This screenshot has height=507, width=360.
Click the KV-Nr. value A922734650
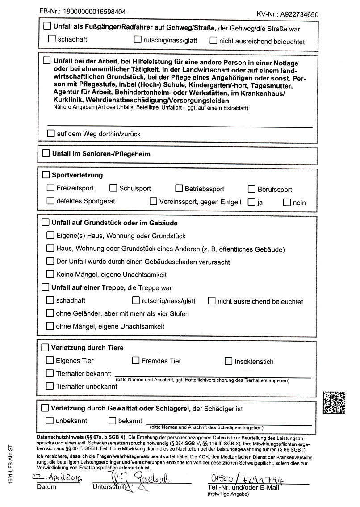pyautogui.click(x=299, y=14)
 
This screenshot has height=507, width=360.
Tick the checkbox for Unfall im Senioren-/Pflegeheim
pyautogui.click(x=46, y=153)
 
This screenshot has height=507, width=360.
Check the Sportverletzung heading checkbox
pyautogui.click(x=46, y=174)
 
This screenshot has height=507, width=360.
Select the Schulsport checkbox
pyautogui.click(x=113, y=188)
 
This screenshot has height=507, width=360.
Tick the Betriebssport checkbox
pyautogui.click(x=179, y=188)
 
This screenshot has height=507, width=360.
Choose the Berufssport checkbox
pyautogui.click(x=250, y=189)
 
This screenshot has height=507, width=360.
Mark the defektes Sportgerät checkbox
pyautogui.click(x=50, y=201)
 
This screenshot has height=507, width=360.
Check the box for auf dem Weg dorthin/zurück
pyautogui.click(x=51, y=133)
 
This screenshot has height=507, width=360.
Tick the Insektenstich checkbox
pyautogui.click(x=229, y=361)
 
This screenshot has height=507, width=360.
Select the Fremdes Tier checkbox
pyautogui.click(x=136, y=360)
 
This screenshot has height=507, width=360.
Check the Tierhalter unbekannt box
pyautogui.click(x=50, y=386)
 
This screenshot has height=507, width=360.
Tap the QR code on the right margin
pyautogui.click(x=334, y=402)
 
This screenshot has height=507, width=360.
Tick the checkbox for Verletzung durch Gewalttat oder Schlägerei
pyautogui.click(x=45, y=408)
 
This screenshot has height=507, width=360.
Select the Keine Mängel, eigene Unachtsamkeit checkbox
pyautogui.click(x=50, y=274)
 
